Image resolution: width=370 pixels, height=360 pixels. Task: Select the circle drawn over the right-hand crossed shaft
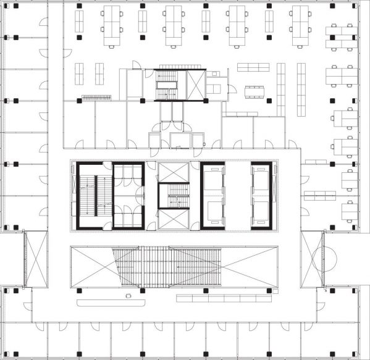(322, 260)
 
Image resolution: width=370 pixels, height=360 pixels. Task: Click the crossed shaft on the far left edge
(36, 259)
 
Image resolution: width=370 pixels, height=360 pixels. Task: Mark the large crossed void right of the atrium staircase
(222, 266)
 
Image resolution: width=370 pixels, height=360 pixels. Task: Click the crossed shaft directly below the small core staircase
(174, 219)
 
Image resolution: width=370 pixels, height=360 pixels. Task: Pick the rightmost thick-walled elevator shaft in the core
(259, 195)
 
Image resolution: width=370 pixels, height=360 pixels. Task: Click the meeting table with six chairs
(253, 92)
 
